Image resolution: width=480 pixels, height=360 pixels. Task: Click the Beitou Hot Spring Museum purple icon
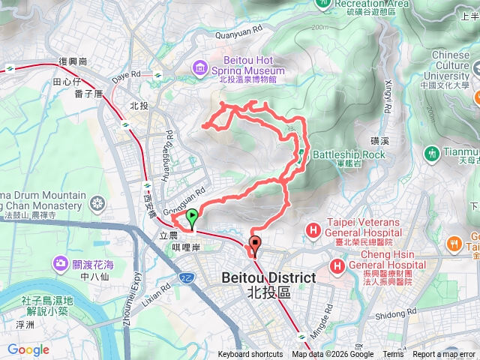tap(199, 68)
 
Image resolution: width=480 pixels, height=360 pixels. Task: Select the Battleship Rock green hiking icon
tap(301, 154)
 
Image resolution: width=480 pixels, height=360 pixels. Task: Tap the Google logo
tap(28, 350)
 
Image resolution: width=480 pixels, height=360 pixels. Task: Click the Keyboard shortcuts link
tap(250, 355)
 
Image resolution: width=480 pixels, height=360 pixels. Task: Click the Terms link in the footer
tap(392, 355)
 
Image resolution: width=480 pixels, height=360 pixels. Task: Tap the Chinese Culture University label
tap(451, 65)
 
